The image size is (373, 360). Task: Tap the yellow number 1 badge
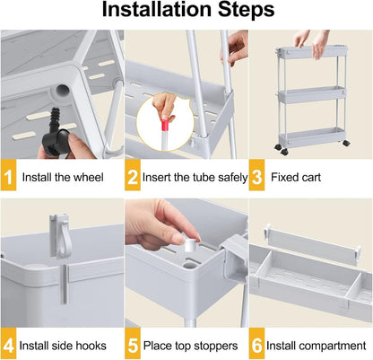coord(9,177)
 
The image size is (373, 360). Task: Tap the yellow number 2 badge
coord(134,177)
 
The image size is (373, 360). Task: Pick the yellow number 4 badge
coord(9,345)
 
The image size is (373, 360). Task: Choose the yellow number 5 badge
coord(134,345)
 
